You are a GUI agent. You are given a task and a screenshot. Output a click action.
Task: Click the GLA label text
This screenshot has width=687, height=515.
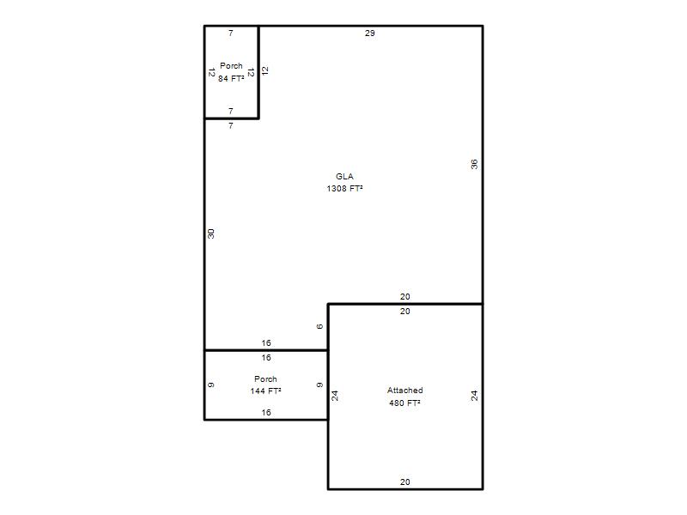(344, 177)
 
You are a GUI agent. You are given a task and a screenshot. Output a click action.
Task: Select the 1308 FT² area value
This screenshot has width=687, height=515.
(344, 188)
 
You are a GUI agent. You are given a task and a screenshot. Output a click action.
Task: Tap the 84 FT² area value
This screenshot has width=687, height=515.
(231, 78)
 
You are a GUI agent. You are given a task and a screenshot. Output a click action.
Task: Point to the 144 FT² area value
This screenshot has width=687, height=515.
(265, 391)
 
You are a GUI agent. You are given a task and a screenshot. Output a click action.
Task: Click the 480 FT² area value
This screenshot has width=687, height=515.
(404, 403)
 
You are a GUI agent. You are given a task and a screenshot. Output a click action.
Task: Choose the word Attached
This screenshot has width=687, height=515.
(404, 391)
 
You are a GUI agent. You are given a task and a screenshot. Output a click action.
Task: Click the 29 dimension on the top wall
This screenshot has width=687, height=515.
(370, 33)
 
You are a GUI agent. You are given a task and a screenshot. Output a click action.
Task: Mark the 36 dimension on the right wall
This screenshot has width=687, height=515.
(474, 164)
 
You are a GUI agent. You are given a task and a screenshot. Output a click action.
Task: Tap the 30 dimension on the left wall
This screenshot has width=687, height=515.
(210, 233)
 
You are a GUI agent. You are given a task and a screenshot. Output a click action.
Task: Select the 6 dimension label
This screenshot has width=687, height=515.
(319, 326)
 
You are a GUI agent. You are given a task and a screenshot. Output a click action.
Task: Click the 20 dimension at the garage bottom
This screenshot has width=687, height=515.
(404, 482)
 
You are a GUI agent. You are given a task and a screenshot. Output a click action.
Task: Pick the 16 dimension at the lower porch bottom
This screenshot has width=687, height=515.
(266, 412)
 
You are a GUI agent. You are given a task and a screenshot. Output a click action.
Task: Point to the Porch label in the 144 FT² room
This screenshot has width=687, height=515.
(265, 379)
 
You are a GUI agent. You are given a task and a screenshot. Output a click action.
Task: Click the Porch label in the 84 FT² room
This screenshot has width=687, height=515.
(231, 66)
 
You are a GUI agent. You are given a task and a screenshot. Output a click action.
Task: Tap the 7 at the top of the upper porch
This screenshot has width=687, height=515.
(231, 33)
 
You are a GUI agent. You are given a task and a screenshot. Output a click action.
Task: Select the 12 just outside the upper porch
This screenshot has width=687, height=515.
(264, 70)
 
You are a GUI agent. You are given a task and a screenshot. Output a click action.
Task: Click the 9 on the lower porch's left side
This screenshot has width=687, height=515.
(210, 385)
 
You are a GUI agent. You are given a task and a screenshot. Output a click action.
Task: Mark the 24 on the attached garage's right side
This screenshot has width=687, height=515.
(474, 396)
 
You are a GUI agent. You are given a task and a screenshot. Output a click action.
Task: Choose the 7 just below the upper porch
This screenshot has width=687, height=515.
(231, 125)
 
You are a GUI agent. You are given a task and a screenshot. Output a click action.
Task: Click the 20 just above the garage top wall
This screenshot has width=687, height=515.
(404, 296)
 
